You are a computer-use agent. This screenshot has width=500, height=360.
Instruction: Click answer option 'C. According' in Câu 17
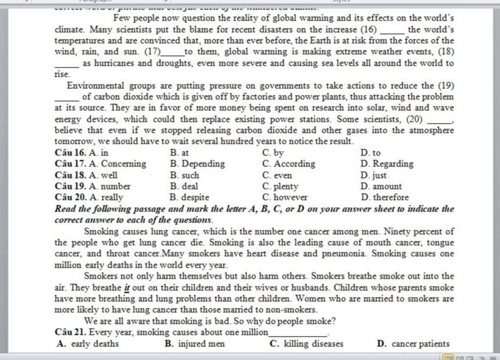point(289,164)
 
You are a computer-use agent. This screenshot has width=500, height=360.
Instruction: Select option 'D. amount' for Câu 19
point(381,186)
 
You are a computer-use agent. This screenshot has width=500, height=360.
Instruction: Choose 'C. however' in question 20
point(285,198)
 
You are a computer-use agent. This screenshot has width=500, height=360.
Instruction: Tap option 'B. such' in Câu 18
point(185,175)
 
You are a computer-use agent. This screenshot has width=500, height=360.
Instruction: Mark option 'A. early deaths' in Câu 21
point(88,344)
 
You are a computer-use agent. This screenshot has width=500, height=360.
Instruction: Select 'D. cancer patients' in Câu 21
point(413,344)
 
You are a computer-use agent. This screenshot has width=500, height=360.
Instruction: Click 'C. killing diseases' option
point(307,344)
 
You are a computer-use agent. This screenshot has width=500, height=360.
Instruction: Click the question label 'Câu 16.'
point(71,153)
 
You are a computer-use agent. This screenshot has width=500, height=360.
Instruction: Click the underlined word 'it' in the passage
point(127,288)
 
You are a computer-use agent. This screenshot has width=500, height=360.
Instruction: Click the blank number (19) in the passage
point(446,86)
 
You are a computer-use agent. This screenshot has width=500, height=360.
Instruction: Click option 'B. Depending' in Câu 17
point(197,164)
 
